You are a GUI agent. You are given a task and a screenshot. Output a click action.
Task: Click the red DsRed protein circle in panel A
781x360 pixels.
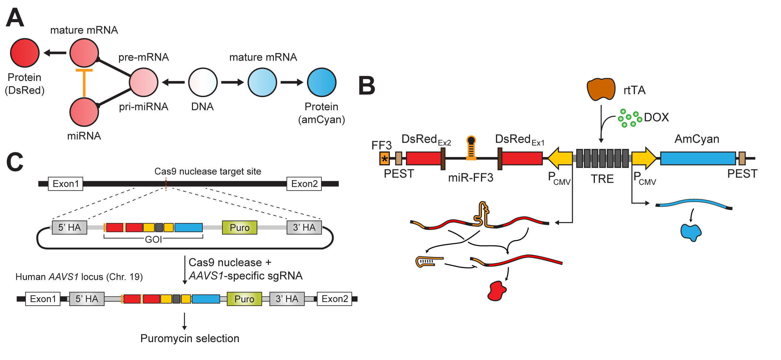(x=25, y=53)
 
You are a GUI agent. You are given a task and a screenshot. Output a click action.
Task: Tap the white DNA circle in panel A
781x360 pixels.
(x=203, y=82)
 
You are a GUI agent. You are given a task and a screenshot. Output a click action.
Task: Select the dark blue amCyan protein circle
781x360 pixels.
(x=321, y=82)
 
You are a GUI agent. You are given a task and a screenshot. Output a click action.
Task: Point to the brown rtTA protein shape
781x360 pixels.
(x=601, y=89)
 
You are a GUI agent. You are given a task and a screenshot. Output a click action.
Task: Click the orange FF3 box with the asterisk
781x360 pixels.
(x=384, y=159)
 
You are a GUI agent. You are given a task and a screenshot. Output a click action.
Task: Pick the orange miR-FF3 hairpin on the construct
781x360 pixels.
(x=471, y=148)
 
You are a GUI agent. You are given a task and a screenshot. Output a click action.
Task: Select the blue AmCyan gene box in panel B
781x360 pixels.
(x=698, y=158)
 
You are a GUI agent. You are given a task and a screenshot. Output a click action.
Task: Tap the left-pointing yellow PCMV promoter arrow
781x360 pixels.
(x=560, y=158)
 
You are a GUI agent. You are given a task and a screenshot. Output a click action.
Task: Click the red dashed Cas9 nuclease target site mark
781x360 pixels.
(x=166, y=184)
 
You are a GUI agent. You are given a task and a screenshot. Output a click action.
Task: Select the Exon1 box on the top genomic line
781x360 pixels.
(x=66, y=184)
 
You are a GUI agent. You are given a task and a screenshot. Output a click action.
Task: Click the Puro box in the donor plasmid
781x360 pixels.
(x=240, y=227)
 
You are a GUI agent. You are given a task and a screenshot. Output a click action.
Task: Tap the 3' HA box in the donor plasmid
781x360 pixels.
(x=304, y=227)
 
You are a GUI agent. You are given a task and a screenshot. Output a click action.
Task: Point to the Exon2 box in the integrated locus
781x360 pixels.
(x=334, y=299)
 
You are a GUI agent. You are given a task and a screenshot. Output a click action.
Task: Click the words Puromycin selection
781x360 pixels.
(x=190, y=338)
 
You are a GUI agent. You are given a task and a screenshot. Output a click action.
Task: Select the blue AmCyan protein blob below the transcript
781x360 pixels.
(x=691, y=232)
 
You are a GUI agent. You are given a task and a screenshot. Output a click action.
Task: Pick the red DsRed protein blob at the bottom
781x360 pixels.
(x=497, y=291)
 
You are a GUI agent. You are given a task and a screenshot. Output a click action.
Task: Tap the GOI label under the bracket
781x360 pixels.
(x=153, y=239)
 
